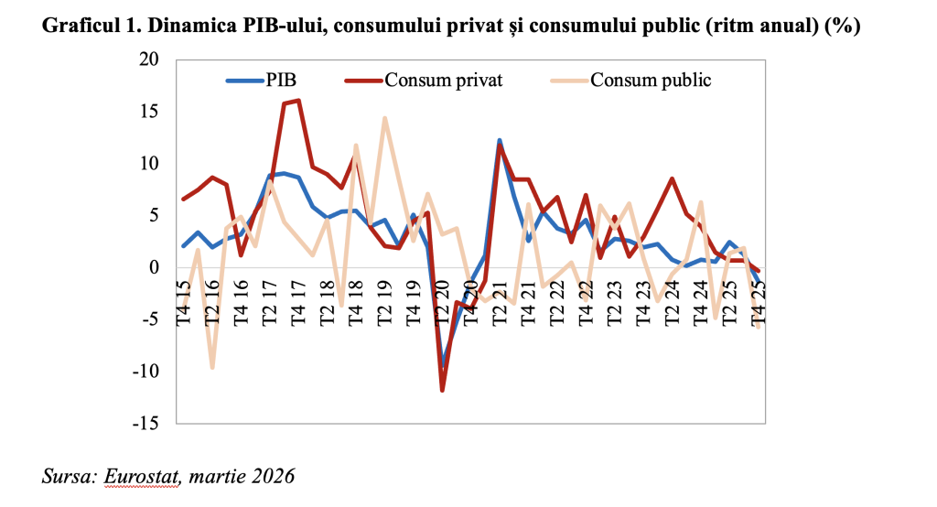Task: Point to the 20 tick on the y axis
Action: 148,59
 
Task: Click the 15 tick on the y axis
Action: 148,112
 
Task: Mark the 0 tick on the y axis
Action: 154,268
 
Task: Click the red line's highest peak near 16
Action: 298,101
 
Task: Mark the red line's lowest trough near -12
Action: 443,391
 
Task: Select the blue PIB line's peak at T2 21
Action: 500,140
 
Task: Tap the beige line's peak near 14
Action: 385,118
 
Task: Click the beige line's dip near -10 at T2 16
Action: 212,367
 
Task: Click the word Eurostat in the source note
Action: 142,477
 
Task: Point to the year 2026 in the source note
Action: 275,477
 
